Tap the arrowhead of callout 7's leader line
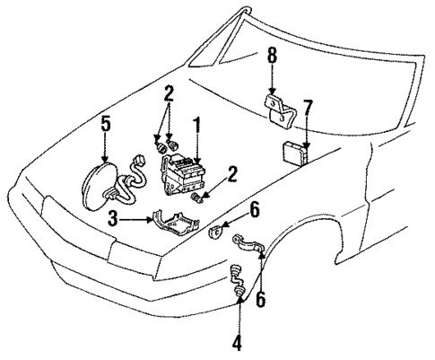click(x=306, y=146)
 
